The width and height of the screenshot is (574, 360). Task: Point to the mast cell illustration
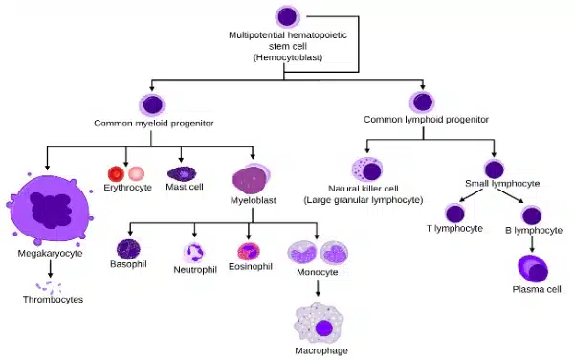click(x=182, y=174)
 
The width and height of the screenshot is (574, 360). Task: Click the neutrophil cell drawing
click(x=195, y=253)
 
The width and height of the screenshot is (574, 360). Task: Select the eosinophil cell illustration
click(x=249, y=253)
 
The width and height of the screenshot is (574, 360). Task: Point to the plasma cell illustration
click(x=532, y=268)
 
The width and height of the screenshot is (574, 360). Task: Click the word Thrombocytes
click(x=53, y=300)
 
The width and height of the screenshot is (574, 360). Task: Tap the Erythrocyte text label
click(x=127, y=188)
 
